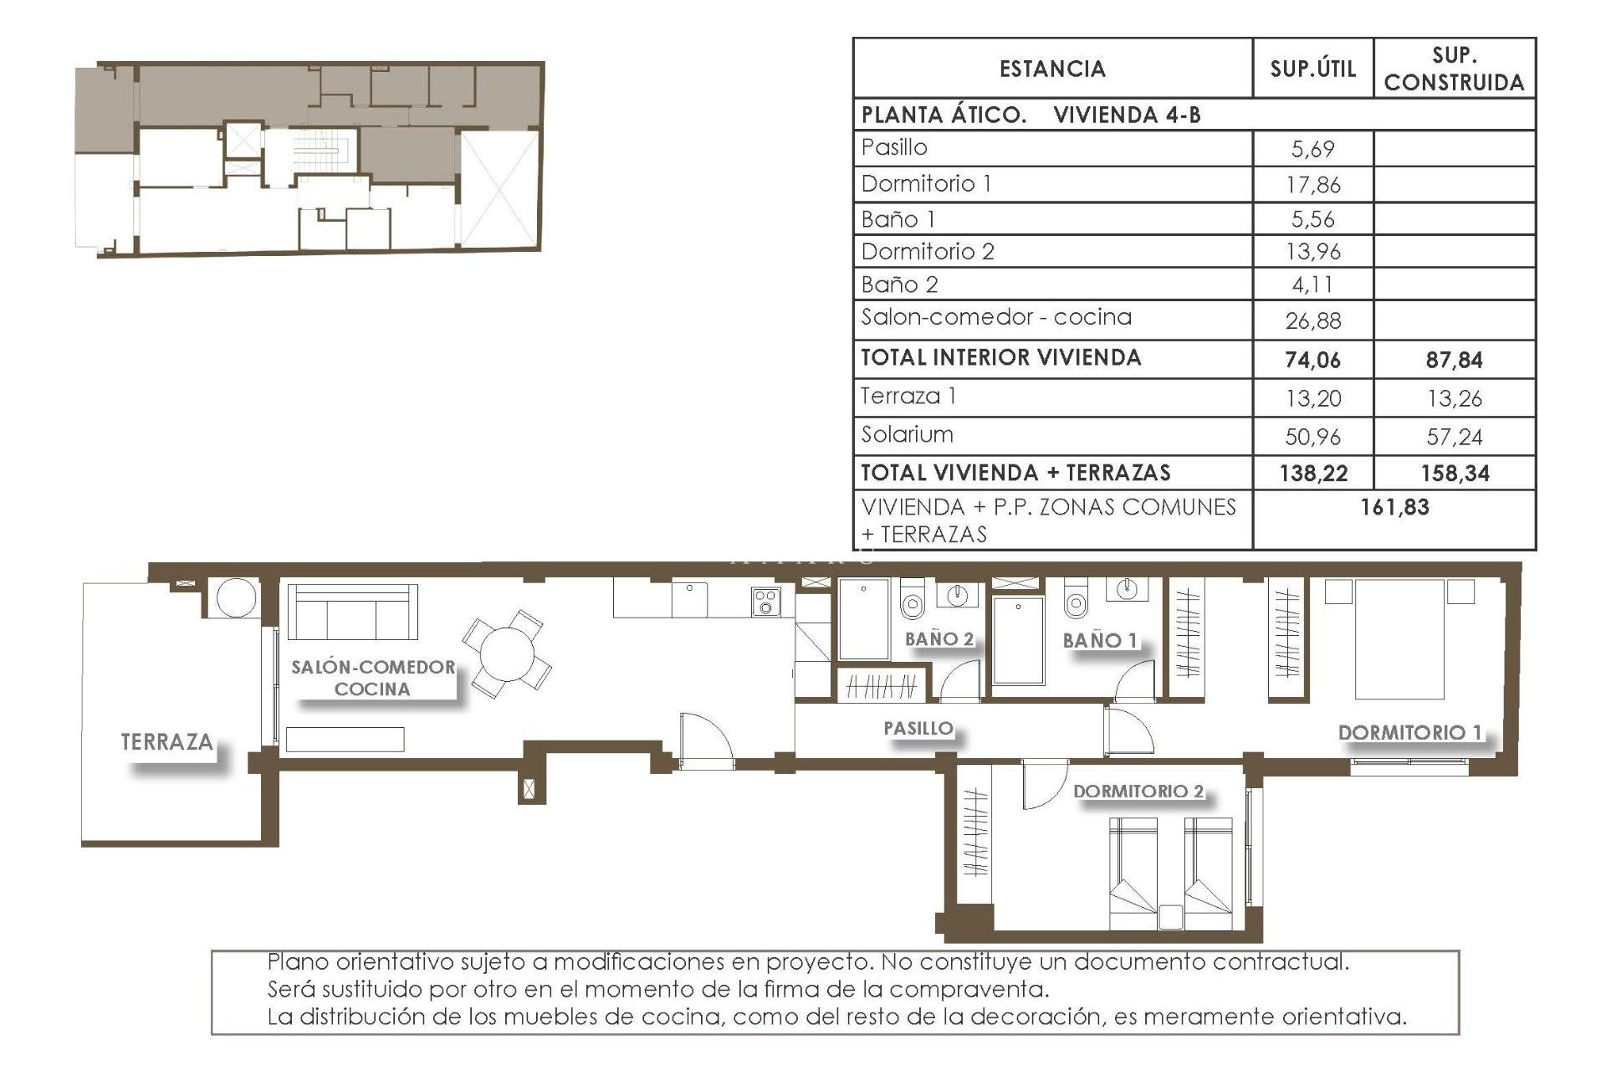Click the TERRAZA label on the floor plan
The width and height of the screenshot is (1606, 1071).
tap(166, 742)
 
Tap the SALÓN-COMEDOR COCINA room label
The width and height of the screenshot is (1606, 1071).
tap(373, 678)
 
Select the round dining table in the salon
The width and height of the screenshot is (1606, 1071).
tap(506, 654)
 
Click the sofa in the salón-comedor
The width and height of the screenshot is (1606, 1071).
tap(352, 612)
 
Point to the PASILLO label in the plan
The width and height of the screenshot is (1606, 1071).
tap(918, 728)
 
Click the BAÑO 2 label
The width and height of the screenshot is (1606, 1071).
tap(939, 639)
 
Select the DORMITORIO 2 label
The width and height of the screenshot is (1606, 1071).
tap(1138, 791)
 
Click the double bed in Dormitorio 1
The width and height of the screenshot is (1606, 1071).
tap(1399, 640)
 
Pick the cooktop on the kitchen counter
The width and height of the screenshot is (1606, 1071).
tap(766, 602)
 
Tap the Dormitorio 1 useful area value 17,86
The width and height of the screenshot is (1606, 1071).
tap(1312, 185)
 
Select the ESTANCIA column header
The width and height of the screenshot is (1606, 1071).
tap(1052, 69)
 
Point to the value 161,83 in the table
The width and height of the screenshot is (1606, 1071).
tap(1394, 507)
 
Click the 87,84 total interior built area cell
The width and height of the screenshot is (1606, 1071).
tap(1454, 361)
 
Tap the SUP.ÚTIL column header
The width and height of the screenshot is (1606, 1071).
tap(1312, 69)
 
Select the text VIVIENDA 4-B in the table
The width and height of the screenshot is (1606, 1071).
tap(1127, 115)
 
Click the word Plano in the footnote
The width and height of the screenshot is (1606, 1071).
tap(297, 961)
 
